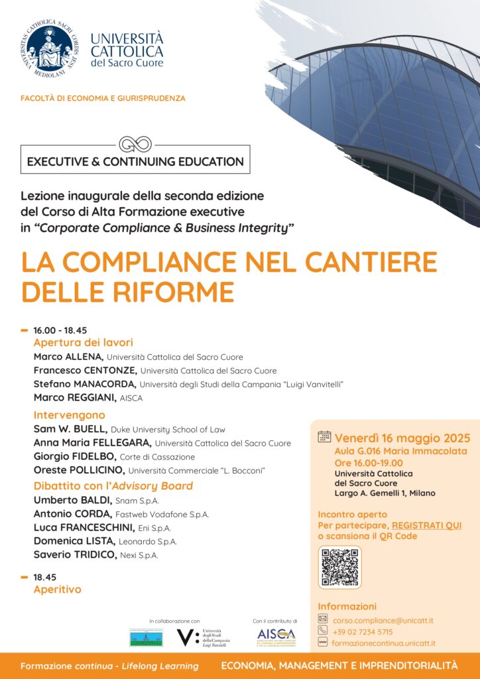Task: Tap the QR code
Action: tap(339, 567)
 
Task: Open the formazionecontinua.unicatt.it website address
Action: tap(383, 643)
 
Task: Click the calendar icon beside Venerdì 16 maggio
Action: tap(324, 438)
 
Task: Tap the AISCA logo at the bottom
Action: tap(276, 637)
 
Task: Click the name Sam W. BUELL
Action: tap(70, 429)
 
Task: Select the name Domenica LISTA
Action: tap(75, 541)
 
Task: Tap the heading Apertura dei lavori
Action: tap(84, 343)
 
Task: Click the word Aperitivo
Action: tap(57, 589)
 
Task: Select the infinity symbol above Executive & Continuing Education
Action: tap(135, 144)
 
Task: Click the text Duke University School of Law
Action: tap(158, 430)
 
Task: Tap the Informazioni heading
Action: tap(347, 606)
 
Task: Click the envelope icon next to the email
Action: tap(323, 619)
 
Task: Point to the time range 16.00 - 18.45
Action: tap(60, 330)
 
